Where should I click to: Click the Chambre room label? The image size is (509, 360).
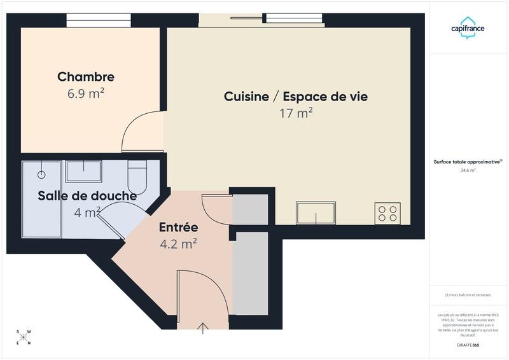[86, 77]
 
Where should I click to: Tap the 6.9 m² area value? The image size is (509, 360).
[86, 93]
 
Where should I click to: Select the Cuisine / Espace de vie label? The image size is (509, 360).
[296, 97]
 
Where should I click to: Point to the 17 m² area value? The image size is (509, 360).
[296, 114]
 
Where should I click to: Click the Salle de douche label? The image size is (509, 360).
[87, 196]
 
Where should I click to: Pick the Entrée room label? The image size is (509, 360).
[178, 227]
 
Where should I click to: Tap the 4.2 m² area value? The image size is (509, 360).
[178, 244]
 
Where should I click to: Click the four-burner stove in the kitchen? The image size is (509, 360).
[387, 213]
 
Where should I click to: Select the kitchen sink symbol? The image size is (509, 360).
[316, 213]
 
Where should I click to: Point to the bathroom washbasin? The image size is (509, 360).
[83, 171]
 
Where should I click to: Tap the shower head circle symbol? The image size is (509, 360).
[42, 174]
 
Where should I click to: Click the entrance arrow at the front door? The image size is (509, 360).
[203, 328]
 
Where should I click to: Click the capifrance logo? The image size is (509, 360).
[468, 28]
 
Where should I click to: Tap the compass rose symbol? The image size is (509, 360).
[24, 338]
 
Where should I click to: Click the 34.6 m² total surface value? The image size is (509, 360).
[468, 170]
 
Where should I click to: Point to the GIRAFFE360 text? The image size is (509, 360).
[468, 345]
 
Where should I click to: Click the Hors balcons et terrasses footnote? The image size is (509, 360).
[468, 295]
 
